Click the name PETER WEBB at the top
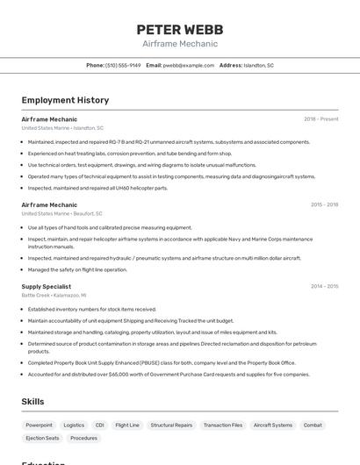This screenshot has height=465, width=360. point(179,29)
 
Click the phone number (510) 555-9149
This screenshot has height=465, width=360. point(123,65)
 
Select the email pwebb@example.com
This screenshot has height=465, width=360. point(189,65)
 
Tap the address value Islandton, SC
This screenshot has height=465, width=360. point(258,65)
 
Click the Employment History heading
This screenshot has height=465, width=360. point(65,100)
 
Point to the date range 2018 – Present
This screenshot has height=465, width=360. point(320,118)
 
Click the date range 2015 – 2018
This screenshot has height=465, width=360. point(324,204)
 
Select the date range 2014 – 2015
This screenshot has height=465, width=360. point(324,286)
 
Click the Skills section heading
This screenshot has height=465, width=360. point(33,402)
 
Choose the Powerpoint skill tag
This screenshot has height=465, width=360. point(39,425)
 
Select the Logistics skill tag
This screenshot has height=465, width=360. point(74,425)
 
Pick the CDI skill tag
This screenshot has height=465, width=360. point(99,425)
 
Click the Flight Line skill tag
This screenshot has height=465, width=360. point(127,425)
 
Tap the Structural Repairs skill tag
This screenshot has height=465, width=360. point(171,425)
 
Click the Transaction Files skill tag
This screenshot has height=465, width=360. point(223,425)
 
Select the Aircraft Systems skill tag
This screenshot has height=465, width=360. point(273,425)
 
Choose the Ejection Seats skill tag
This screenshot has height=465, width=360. point(42,438)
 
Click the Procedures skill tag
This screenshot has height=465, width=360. point(83,438)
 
